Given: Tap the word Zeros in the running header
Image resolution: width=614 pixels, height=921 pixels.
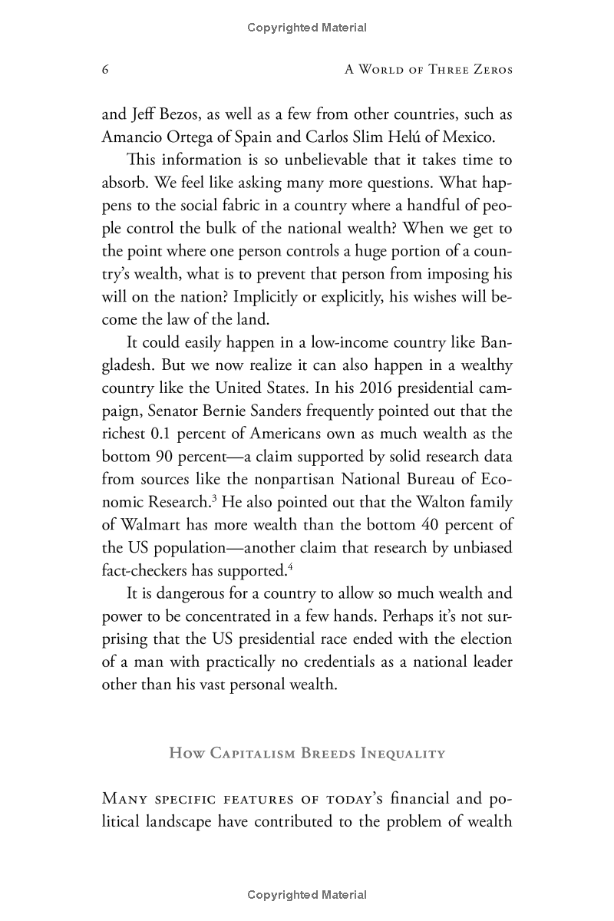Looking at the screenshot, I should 489,70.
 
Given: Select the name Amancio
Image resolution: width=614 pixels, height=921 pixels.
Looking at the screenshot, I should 130,137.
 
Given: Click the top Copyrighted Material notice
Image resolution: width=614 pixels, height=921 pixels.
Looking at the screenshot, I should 307,28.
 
